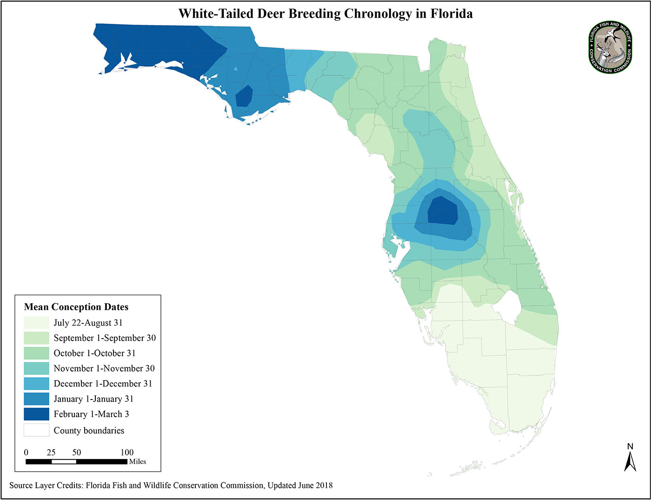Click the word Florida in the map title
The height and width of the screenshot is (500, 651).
pyautogui.click(x=451, y=13)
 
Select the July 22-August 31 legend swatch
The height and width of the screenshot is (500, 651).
pyautogui.click(x=36, y=323)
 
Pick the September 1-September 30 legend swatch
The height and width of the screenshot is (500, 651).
pyautogui.click(x=36, y=338)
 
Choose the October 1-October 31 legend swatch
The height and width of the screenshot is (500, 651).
pyautogui.click(x=36, y=353)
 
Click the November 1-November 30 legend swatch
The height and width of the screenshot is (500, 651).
pyautogui.click(x=36, y=368)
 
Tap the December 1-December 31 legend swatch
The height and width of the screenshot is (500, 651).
pyautogui.click(x=36, y=384)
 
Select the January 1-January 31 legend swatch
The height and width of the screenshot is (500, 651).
pyautogui.click(x=36, y=399)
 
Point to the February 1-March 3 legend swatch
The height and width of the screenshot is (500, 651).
pyautogui.click(x=36, y=414)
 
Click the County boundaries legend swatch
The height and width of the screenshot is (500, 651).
pyautogui.click(x=36, y=430)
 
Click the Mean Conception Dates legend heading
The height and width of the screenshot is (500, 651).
pyautogui.click(x=76, y=307)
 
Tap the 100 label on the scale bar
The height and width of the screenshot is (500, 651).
pyautogui.click(x=127, y=453)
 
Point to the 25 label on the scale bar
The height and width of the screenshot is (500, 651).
pyautogui.click(x=51, y=453)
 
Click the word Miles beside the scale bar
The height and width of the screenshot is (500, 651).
pyautogui.click(x=138, y=462)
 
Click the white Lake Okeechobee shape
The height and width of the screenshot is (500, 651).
pyautogui.click(x=505, y=307)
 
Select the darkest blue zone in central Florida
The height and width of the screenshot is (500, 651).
pyautogui.click(x=442, y=212)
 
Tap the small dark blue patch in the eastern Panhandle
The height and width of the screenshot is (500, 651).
pyautogui.click(x=244, y=97)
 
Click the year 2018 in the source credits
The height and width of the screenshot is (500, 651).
pyautogui.click(x=324, y=486)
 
